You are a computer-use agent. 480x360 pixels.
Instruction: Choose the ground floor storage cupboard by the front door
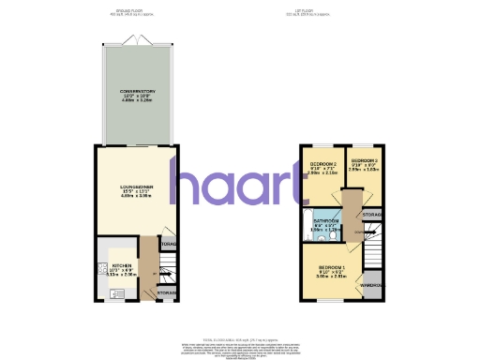pos(166,293)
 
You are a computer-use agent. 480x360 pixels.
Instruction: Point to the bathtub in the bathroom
pos(309,224)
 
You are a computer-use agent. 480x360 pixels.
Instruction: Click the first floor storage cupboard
pos(372,216)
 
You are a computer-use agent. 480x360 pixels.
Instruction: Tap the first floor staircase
pos(371,250)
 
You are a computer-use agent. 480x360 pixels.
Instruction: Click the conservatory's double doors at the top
pos(137,42)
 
